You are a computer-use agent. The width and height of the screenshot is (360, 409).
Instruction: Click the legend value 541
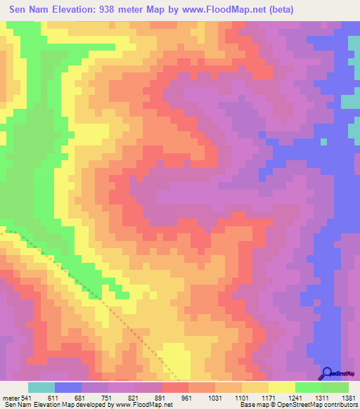(x=27, y=397)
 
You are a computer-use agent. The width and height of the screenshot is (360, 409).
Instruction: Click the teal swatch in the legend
(x=41, y=387)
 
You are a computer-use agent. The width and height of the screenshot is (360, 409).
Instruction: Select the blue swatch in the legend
(x=68, y=387)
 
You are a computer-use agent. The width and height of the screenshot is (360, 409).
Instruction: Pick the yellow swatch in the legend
(x=281, y=387)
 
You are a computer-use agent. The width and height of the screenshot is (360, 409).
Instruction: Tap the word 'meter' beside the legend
(x=11, y=397)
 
